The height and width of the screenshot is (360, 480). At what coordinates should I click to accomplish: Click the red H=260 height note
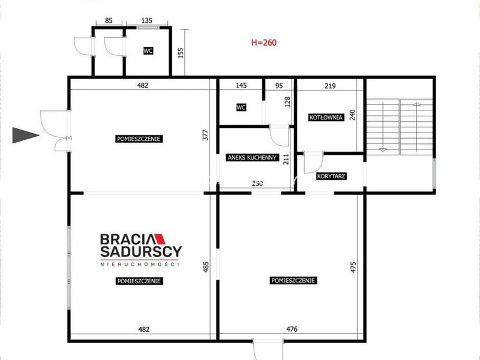click(x=264, y=42)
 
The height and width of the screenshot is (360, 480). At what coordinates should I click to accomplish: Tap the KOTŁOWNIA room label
click(x=326, y=117)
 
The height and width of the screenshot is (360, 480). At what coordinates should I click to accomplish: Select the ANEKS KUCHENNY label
click(x=252, y=158)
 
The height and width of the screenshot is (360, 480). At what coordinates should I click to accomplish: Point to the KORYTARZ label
click(x=331, y=176)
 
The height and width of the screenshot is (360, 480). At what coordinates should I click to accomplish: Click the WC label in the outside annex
click(x=148, y=50)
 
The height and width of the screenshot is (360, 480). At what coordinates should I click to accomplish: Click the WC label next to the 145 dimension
click(x=241, y=107)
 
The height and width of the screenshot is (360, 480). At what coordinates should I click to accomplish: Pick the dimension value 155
click(x=181, y=53)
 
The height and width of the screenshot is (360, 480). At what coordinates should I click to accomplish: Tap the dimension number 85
click(x=109, y=20)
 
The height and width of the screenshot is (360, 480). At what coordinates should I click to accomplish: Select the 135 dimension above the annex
click(x=147, y=20)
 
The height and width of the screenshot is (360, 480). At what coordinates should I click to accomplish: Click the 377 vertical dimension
click(x=205, y=135)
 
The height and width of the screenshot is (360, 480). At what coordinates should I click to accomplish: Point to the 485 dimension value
click(x=206, y=266)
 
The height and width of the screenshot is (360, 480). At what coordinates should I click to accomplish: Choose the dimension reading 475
click(x=353, y=267)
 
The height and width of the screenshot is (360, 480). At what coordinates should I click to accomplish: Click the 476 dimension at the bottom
click(x=292, y=329)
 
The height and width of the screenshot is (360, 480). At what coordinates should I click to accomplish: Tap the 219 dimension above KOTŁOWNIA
click(x=330, y=86)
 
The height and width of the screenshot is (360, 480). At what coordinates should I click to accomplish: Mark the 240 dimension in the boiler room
click(x=352, y=115)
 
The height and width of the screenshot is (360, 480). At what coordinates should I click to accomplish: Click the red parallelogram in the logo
click(x=160, y=239)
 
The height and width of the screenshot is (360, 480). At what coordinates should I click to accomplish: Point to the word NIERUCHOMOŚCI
click(x=140, y=264)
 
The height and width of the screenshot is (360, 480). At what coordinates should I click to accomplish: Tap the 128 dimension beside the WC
click(x=287, y=101)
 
